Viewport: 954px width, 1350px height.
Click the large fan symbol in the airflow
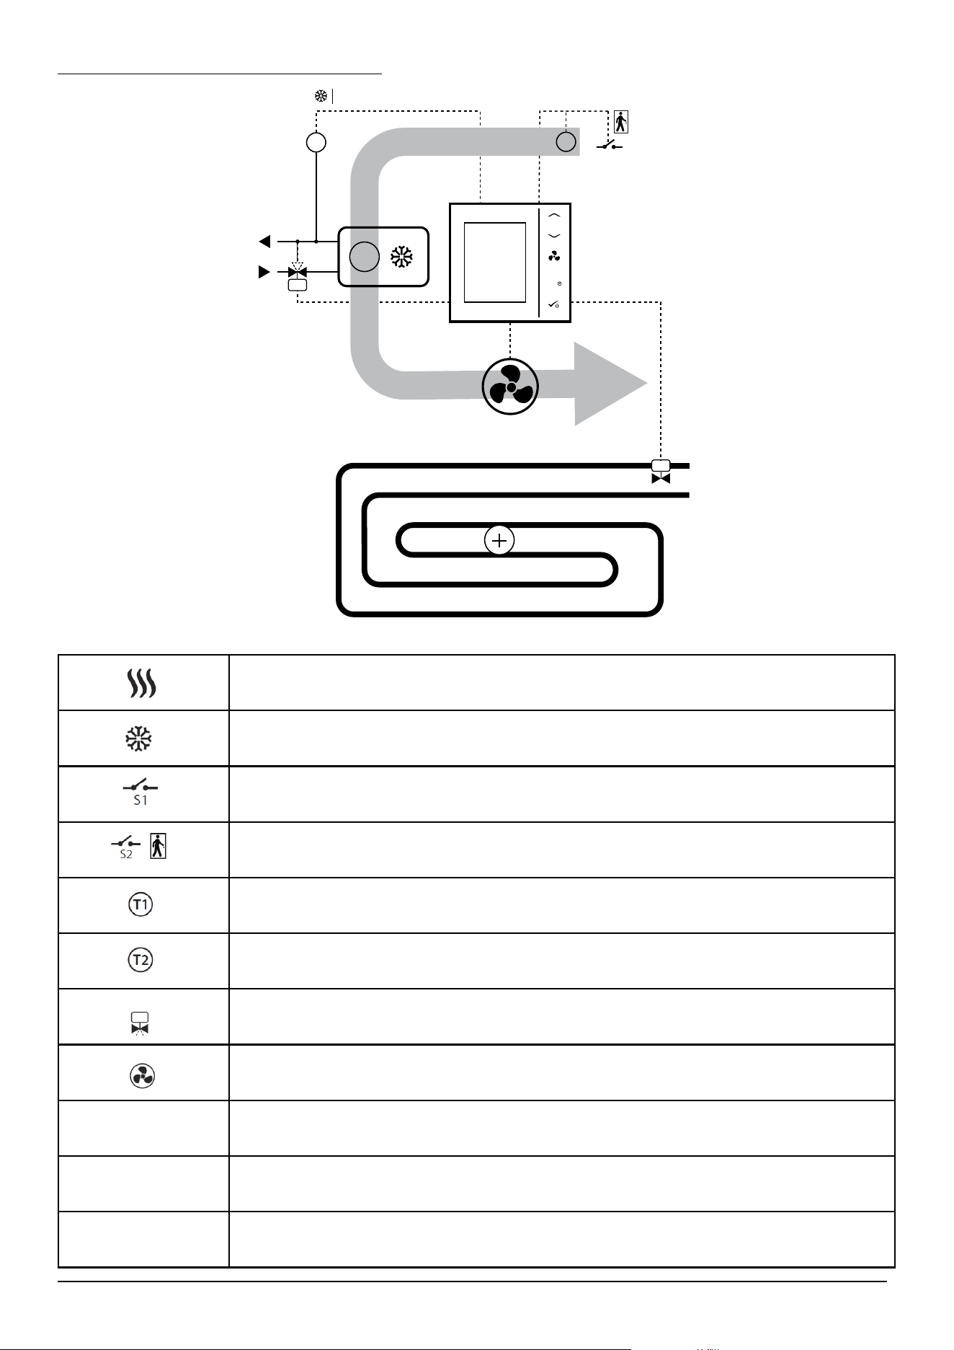(510, 387)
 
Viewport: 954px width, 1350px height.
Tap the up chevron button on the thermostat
(554, 215)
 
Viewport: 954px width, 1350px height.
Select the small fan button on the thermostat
(554, 256)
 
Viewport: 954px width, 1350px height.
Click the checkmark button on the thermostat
(553, 305)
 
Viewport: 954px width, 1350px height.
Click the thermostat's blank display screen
(495, 262)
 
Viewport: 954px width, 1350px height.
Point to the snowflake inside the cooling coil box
(401, 257)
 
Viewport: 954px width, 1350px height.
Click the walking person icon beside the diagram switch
(621, 122)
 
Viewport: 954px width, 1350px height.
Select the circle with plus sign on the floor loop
(499, 540)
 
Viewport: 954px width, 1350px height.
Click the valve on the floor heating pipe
(661, 472)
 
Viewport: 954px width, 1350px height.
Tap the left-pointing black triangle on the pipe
(265, 241)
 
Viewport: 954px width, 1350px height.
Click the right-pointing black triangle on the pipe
(265, 272)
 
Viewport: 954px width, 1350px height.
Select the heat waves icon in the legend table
(142, 682)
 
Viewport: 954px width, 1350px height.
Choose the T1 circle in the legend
(141, 904)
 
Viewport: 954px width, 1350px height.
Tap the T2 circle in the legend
(141, 960)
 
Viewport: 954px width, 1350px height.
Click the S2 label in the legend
(126, 854)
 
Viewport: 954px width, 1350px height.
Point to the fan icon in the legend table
(142, 1076)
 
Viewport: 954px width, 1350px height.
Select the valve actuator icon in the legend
(140, 1023)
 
